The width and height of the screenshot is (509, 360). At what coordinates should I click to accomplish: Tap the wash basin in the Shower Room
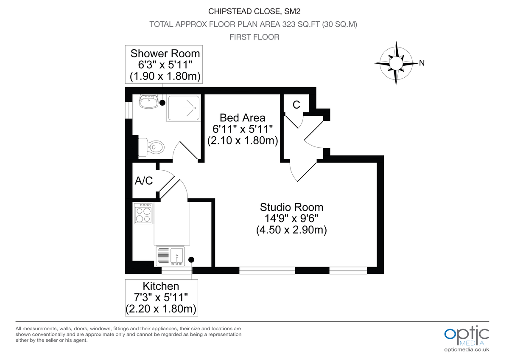(148, 101)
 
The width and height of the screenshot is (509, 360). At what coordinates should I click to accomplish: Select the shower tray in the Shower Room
(183, 108)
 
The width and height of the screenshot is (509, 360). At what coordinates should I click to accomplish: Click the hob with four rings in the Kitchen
(143, 214)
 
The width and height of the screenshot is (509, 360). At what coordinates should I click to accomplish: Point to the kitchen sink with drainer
(170, 256)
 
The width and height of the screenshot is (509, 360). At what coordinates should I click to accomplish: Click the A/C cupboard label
(144, 181)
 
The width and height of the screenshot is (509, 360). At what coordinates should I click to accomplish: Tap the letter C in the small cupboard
(296, 105)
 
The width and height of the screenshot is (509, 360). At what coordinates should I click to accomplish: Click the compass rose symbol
(395, 63)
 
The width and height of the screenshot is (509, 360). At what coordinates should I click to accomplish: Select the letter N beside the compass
(422, 63)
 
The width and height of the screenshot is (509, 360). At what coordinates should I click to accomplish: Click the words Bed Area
(242, 118)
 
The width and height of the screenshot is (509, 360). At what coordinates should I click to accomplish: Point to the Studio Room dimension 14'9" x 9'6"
(291, 219)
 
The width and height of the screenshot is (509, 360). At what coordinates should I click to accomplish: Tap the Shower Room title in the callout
(165, 53)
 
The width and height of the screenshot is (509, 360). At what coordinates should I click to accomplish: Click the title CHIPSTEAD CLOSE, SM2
(254, 11)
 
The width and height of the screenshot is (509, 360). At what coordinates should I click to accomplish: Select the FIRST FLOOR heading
(254, 37)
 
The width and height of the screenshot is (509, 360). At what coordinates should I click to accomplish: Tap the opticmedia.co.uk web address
(467, 349)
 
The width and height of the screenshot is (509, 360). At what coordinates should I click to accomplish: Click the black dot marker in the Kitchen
(191, 259)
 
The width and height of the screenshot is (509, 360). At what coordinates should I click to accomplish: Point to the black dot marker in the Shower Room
(162, 102)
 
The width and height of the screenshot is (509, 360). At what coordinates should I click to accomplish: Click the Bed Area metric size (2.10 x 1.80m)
(242, 141)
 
